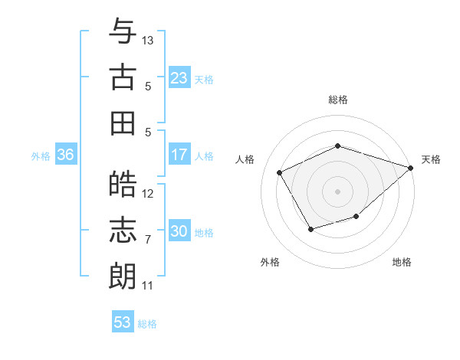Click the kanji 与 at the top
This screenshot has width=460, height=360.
point(123,33)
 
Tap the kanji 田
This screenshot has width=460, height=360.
point(123,123)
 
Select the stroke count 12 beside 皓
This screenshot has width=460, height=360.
point(149,194)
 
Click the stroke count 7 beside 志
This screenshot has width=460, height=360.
point(148,240)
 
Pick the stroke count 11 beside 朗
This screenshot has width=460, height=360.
point(148,286)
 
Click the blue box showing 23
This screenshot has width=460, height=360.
point(179,78)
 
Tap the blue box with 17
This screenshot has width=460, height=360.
point(179,155)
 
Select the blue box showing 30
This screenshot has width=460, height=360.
point(179,231)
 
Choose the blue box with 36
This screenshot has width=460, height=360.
point(65,155)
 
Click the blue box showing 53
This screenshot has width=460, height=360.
point(122,322)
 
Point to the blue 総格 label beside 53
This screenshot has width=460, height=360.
point(147,324)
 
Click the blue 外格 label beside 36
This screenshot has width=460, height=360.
point(41,156)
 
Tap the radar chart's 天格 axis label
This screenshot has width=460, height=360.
point(431,159)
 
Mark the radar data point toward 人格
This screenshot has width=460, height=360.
point(280,172)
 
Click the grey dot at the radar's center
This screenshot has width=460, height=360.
point(337,191)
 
